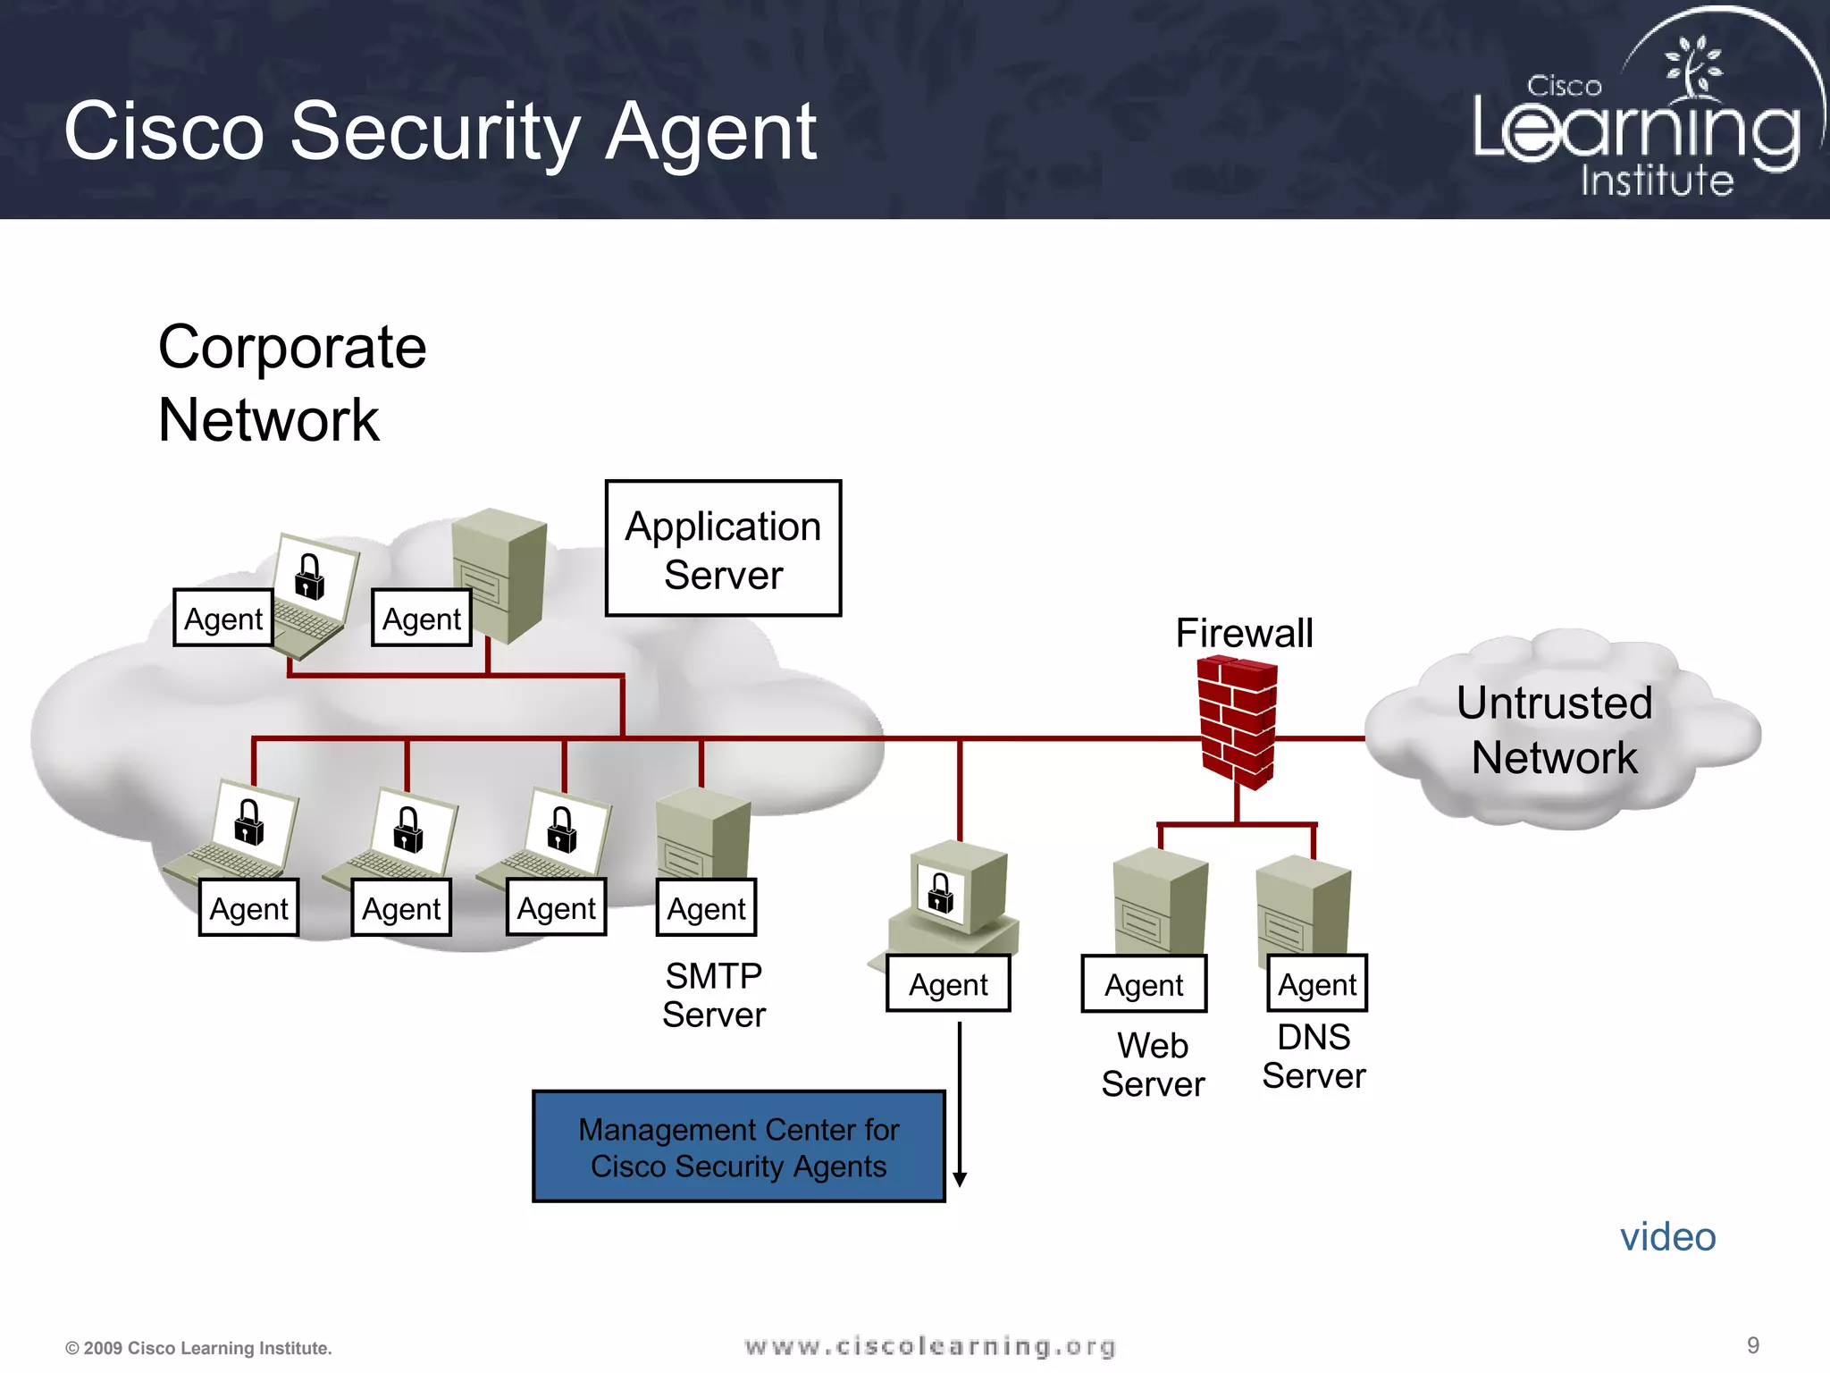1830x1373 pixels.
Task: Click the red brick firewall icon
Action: pyautogui.click(x=1238, y=722)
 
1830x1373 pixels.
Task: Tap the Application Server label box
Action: pyautogui.click(x=723, y=549)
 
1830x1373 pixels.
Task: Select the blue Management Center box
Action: pyautogui.click(x=738, y=1147)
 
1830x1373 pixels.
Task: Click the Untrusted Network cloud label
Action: pyautogui.click(x=1554, y=730)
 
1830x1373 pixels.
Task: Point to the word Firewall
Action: pyautogui.click(x=1244, y=633)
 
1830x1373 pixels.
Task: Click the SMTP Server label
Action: pyautogui.click(x=713, y=995)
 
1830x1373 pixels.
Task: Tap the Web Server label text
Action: pyautogui.click(x=1153, y=1065)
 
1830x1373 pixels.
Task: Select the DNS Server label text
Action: pyautogui.click(x=1314, y=1057)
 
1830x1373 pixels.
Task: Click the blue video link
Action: pyautogui.click(x=1667, y=1237)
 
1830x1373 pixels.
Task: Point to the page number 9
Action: pyautogui.click(x=1752, y=1345)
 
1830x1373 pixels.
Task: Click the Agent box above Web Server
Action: pyautogui.click(x=1144, y=984)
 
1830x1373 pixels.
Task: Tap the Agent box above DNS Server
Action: pyautogui.click(x=1317, y=984)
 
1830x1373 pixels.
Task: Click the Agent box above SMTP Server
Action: pyautogui.click(x=706, y=908)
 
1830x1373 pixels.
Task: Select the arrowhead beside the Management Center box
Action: pyautogui.click(x=960, y=1179)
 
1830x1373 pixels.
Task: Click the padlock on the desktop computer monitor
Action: pyautogui.click(x=940, y=893)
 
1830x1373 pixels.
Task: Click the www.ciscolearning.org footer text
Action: pyautogui.click(x=930, y=1346)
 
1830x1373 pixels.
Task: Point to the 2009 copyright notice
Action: pyautogui.click(x=198, y=1348)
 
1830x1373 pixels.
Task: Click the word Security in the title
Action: pyautogui.click(x=435, y=131)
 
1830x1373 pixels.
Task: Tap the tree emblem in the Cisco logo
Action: pyautogui.click(x=1691, y=67)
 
